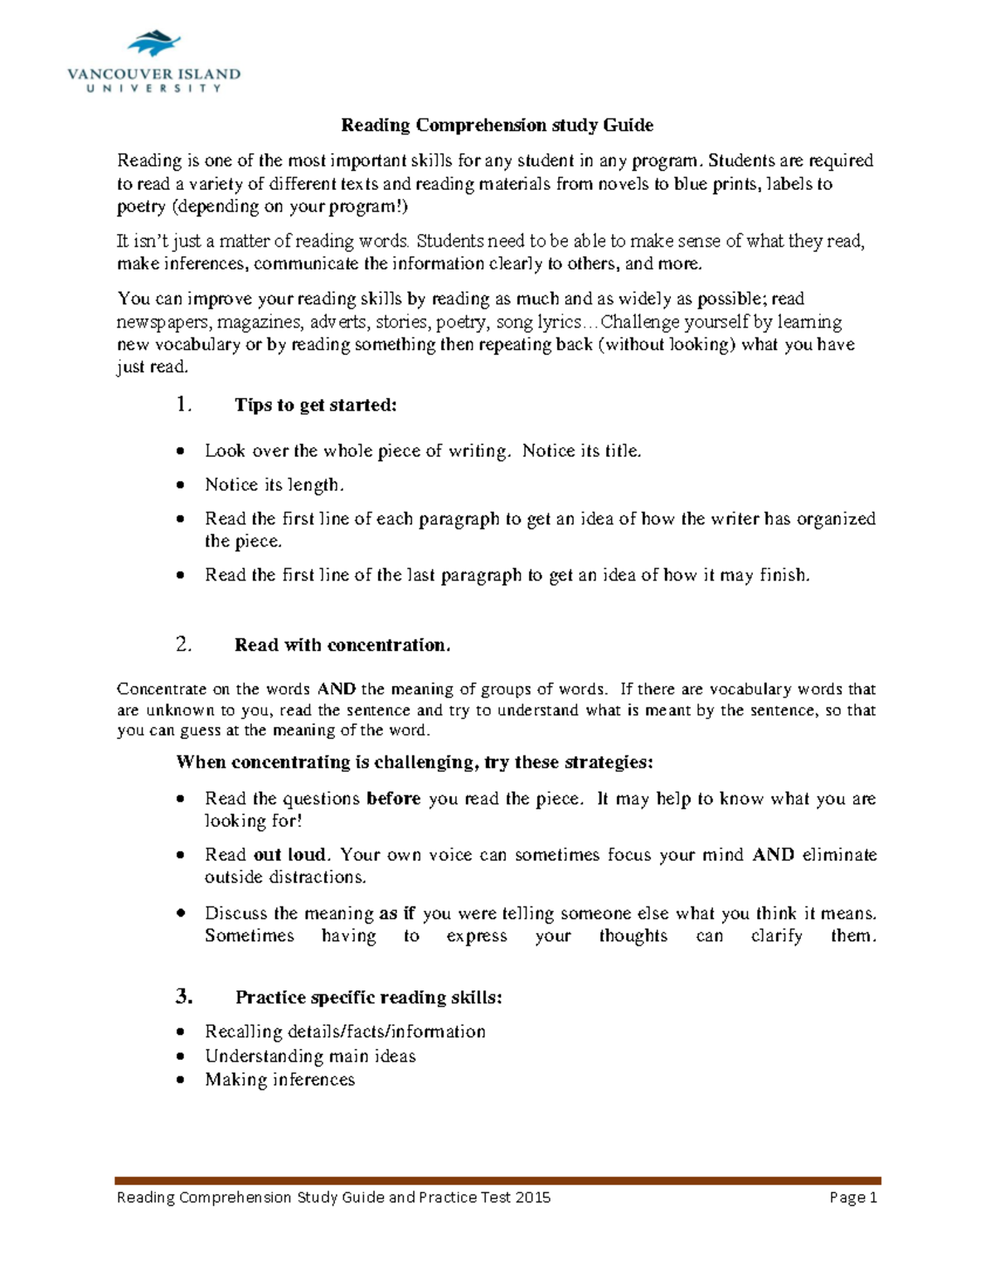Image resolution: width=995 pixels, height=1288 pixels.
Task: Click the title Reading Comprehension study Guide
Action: (497, 125)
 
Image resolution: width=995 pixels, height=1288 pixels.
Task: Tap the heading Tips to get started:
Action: (316, 405)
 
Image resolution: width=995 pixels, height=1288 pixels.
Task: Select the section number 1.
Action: (183, 405)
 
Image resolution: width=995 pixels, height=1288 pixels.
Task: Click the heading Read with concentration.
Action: (342, 645)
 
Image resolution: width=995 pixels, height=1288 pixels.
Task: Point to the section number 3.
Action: (183, 997)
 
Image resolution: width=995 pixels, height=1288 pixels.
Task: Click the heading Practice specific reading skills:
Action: (368, 998)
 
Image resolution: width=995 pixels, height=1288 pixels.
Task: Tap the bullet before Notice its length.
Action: (181, 485)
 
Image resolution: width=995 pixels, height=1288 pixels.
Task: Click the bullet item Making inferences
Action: (279, 1080)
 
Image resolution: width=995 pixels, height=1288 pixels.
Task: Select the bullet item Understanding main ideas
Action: (310, 1057)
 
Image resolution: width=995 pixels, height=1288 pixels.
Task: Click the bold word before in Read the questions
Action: (393, 799)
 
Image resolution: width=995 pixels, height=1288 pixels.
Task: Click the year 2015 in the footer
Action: (532, 1198)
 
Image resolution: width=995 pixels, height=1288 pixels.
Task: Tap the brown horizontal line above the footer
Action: (498, 1180)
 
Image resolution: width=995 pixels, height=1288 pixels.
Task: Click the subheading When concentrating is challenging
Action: (415, 762)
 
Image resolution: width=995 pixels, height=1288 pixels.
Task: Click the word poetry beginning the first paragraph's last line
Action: (141, 207)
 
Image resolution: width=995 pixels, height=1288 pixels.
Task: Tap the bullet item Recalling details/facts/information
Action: (345, 1032)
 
